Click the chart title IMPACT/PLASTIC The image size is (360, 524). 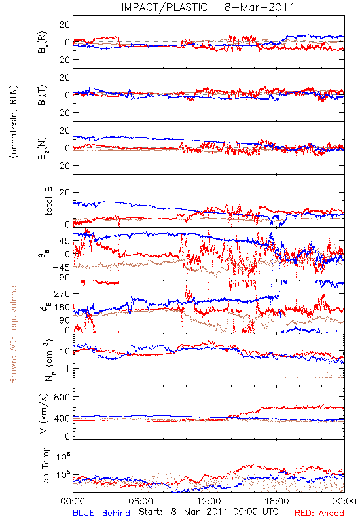point(164,7)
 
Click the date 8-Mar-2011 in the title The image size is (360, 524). point(259,7)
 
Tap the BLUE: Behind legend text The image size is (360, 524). point(101,513)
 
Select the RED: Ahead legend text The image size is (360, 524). point(319,513)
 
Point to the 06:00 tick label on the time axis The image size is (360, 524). point(141,501)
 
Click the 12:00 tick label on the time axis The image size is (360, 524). point(209,501)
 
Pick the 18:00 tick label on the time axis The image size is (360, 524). point(277,501)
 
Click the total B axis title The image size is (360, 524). point(48,201)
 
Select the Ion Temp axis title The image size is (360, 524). point(45,466)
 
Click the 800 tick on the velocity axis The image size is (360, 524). point(62,397)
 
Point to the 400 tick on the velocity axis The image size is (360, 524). point(62,419)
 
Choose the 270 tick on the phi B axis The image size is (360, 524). point(62,293)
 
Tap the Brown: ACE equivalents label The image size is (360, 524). point(13,333)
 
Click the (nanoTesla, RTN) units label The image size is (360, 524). point(14,121)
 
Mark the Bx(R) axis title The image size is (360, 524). point(43,43)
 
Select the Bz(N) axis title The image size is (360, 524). point(43,148)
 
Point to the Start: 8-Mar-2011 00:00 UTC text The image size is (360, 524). point(208,512)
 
